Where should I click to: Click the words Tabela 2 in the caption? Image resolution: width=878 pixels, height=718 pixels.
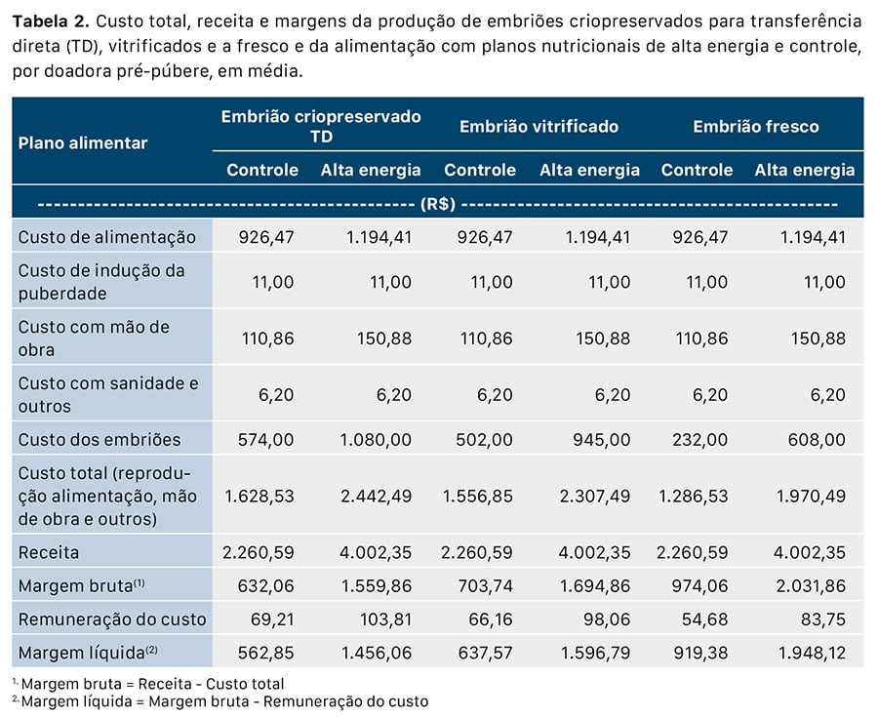pyautogui.click(x=52, y=20)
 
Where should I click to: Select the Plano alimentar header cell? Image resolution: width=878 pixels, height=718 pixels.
pyautogui.click(x=83, y=142)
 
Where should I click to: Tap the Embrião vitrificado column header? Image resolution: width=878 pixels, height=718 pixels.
pyautogui.click(x=539, y=127)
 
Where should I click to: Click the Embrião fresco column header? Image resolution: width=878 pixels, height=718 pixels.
pyautogui.click(x=756, y=127)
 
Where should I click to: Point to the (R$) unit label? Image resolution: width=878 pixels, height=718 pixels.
pyautogui.click(x=438, y=204)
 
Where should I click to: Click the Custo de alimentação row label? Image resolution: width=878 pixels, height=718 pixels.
pyautogui.click(x=107, y=237)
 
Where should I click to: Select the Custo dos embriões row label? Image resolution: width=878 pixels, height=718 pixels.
pyautogui.click(x=100, y=439)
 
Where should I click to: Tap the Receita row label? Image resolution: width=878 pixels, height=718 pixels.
pyautogui.click(x=49, y=552)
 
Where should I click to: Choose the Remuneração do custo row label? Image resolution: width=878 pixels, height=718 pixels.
pyautogui.click(x=112, y=618)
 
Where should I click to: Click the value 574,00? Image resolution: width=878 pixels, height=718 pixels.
pyautogui.click(x=266, y=439)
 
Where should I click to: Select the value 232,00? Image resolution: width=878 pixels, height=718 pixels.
pyautogui.click(x=699, y=439)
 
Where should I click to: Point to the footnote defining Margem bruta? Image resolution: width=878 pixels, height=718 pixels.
pyautogui.click(x=152, y=684)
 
